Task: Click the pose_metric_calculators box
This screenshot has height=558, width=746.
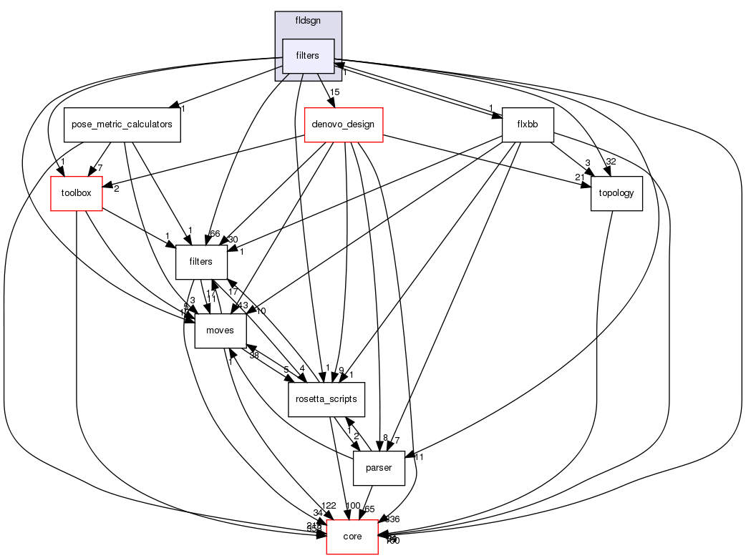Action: point(122,124)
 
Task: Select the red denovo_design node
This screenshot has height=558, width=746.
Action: point(344,124)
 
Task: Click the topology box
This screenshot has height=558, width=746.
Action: point(616,193)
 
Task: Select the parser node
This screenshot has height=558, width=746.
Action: point(379,468)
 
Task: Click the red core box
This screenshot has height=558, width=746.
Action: point(352,537)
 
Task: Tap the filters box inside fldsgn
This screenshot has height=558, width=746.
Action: point(309,56)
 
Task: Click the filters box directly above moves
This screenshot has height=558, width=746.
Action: point(201,262)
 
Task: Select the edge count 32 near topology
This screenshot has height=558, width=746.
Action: point(611,162)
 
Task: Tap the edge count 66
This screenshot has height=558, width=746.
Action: point(214,234)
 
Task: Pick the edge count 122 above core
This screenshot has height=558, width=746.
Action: point(329,506)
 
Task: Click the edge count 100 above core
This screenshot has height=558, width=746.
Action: point(352,506)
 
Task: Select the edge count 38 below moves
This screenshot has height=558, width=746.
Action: point(254,355)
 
